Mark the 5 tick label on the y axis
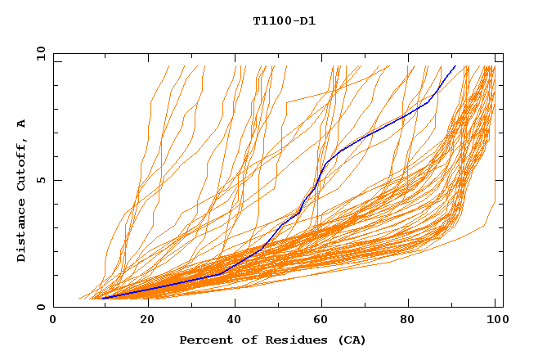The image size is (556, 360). [40, 180]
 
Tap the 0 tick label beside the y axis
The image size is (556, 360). [40, 307]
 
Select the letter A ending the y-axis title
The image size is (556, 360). [21, 124]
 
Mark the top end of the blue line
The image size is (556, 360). [455, 65]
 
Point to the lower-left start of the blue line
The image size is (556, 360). [104, 298]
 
